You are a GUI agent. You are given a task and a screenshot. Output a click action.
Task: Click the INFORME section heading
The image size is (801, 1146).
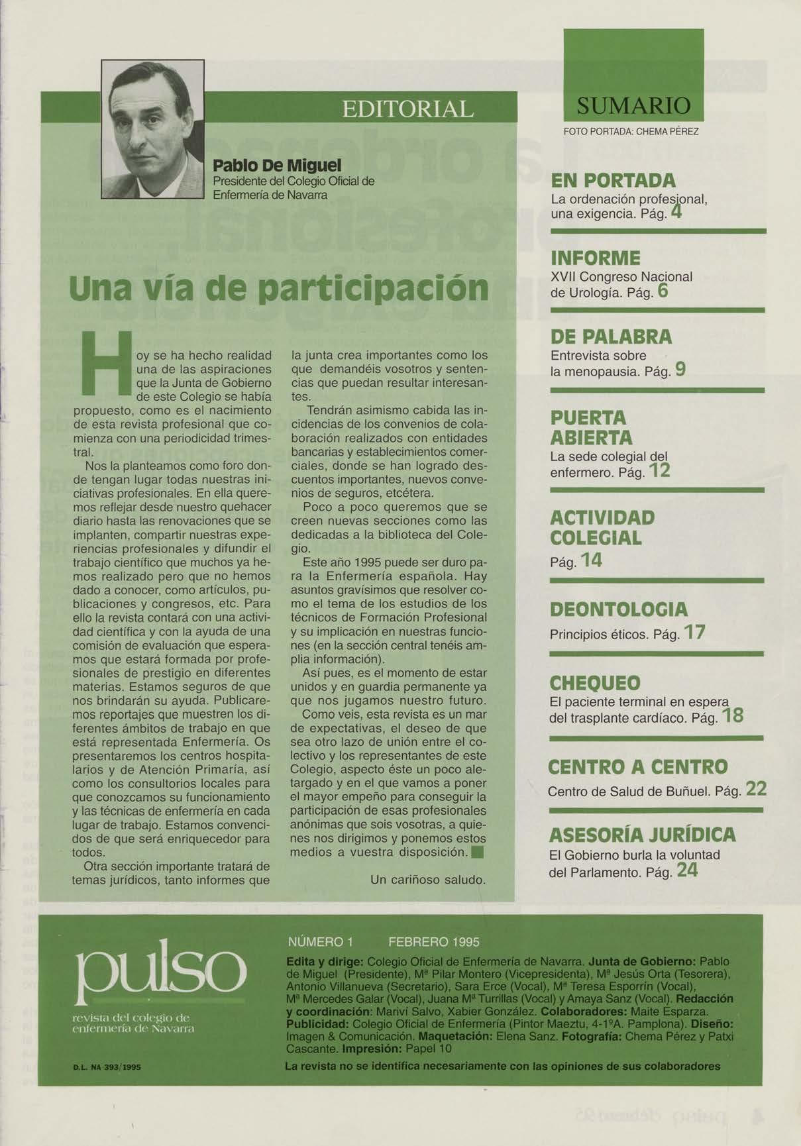[595, 258]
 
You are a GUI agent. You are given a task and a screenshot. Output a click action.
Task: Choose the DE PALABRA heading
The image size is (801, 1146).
[611, 337]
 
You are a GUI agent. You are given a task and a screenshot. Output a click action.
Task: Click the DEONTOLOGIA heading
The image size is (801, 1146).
[619, 609]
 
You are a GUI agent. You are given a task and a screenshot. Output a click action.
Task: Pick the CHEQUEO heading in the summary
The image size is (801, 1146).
[595, 683]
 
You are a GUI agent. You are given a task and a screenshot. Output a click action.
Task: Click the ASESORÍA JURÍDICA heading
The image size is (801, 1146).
[641, 835]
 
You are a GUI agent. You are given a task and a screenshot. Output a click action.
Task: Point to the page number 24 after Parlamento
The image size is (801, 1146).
[688, 870]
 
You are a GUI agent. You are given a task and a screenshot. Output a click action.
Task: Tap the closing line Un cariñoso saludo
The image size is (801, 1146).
[428, 880]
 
